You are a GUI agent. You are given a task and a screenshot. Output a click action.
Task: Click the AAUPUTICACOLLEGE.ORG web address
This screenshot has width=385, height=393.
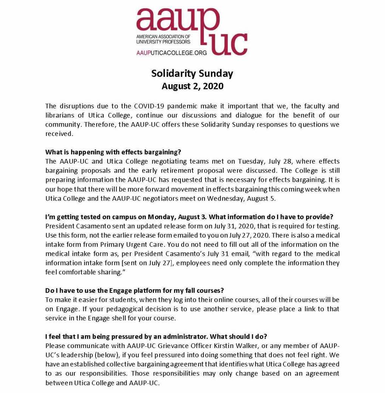point(171,53)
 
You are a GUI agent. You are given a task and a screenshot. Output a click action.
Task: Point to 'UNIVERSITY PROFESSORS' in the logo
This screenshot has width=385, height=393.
point(163,42)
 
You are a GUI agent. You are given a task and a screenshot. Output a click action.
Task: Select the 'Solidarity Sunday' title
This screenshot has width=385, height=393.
point(192,73)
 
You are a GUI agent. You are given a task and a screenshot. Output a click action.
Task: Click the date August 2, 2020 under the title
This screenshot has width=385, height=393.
point(192,86)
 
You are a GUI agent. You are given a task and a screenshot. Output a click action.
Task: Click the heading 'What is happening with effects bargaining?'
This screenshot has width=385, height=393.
point(113,152)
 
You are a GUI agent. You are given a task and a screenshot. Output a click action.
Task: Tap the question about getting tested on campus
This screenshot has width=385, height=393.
point(189,217)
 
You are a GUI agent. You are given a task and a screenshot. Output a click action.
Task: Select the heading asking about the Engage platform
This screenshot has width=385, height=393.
point(135,291)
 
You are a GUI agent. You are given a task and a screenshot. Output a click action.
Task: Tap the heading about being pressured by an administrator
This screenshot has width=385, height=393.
point(156,336)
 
